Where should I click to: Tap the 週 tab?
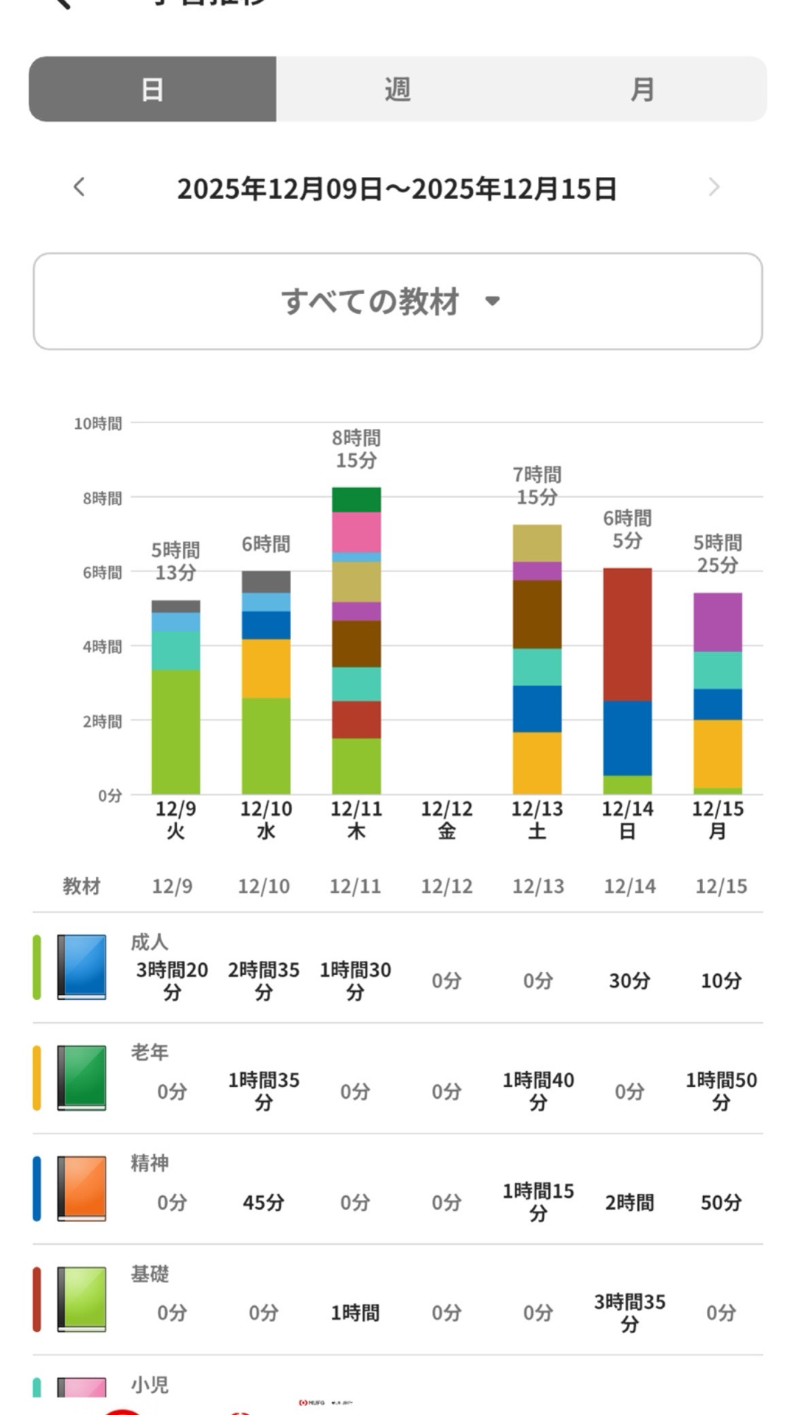pyautogui.click(x=397, y=89)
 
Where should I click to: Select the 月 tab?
pyautogui.click(x=642, y=89)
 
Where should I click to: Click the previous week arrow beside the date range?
pyautogui.click(x=80, y=187)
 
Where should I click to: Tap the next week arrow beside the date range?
pyautogui.click(x=713, y=187)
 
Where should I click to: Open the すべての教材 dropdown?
pyautogui.click(x=397, y=301)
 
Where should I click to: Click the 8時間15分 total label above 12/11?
pyautogui.click(x=356, y=449)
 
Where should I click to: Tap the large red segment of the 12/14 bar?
pyautogui.click(x=627, y=634)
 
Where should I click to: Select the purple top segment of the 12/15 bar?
pyautogui.click(x=717, y=622)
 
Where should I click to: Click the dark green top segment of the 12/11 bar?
pyautogui.click(x=356, y=500)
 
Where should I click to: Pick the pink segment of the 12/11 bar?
pyautogui.click(x=356, y=532)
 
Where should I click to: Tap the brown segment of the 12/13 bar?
pyautogui.click(x=537, y=614)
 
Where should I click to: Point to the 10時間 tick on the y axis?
pyautogui.click(x=98, y=424)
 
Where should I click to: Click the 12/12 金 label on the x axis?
pyautogui.click(x=447, y=820)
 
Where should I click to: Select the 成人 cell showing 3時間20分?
pyautogui.click(x=172, y=981)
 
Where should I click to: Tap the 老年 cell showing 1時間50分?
pyautogui.click(x=721, y=1091)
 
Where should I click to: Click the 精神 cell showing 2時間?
pyautogui.click(x=629, y=1203)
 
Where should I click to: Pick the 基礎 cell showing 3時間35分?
pyautogui.click(x=629, y=1313)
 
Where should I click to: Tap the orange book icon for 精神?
pyautogui.click(x=82, y=1188)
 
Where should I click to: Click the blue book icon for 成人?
pyautogui.click(x=82, y=967)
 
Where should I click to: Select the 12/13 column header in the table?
pyautogui.click(x=538, y=886)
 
